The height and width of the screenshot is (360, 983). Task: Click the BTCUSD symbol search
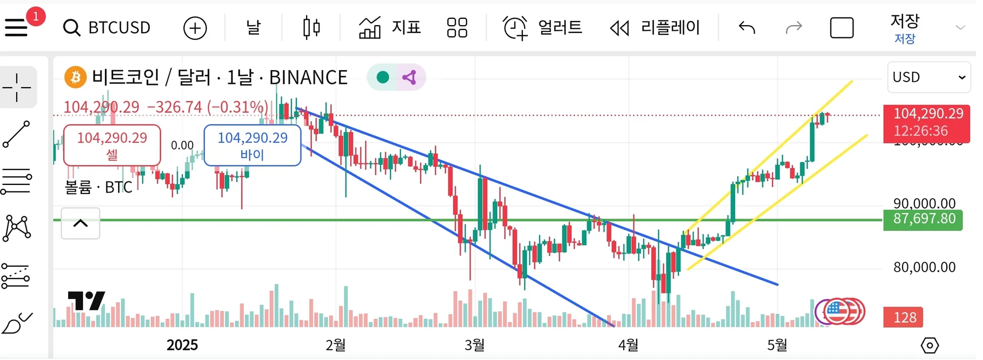[108, 28]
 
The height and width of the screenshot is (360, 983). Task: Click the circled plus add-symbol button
[195, 28]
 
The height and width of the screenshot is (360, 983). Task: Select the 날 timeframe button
[253, 28]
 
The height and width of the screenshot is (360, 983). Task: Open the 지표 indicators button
[390, 28]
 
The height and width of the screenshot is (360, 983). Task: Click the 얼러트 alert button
[543, 28]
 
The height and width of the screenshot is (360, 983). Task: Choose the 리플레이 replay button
[655, 28]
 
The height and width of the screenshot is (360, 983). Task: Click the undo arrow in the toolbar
[747, 28]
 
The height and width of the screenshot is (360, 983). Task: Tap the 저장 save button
[905, 28]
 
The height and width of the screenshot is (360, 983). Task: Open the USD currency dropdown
[928, 77]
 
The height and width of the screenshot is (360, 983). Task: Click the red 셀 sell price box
[112, 145]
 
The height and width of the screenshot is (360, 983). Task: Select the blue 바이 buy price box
[252, 145]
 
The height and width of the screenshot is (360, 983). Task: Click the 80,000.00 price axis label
[924, 267]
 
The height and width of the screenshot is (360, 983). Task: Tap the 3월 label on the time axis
[475, 345]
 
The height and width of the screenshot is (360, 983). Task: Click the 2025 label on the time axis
[182, 345]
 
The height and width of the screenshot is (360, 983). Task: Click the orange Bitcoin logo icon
[75, 77]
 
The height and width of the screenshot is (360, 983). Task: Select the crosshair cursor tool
[17, 88]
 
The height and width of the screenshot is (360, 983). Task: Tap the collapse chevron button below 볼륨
[80, 223]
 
